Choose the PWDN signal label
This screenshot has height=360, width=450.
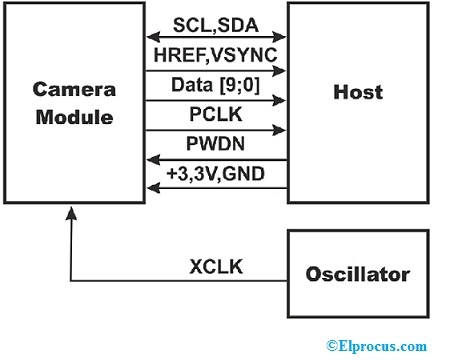pyautogui.click(x=214, y=142)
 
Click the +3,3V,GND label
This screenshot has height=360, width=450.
pyautogui.click(x=214, y=171)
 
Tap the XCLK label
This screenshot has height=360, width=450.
pyautogui.click(x=214, y=266)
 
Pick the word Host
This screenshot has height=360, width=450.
pyautogui.click(x=358, y=93)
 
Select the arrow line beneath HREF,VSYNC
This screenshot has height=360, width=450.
pyautogui.click(x=214, y=70)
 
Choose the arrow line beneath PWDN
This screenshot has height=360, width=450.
pyautogui.click(x=214, y=158)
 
